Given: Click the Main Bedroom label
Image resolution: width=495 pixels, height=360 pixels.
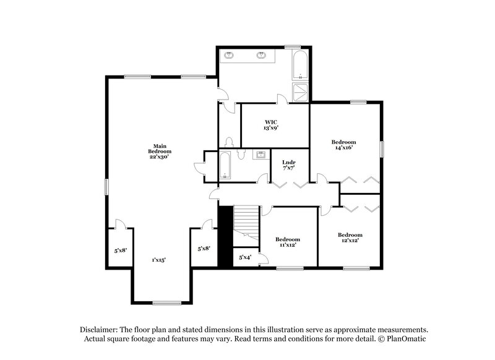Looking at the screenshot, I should pyautogui.click(x=160, y=151).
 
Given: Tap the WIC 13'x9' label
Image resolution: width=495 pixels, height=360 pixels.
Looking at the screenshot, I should pyautogui.click(x=271, y=125).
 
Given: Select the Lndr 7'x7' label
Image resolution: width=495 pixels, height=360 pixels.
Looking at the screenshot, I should pyautogui.click(x=288, y=165).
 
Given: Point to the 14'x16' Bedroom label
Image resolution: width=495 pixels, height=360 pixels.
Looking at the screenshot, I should pyautogui.click(x=344, y=145).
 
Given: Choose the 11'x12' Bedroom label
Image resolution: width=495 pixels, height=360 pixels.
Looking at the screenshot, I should pyautogui.click(x=288, y=242).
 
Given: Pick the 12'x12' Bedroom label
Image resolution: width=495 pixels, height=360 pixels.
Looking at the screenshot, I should pyautogui.click(x=350, y=238).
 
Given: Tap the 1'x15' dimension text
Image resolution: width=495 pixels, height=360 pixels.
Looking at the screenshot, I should pyautogui.click(x=159, y=260).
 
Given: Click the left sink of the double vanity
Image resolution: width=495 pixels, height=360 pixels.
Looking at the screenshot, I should pyautogui.click(x=230, y=56).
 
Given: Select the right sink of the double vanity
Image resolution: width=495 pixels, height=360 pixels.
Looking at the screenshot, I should pyautogui.click(x=262, y=56).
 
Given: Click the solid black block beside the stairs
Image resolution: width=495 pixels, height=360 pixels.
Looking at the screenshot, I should pyautogui.click(x=225, y=236).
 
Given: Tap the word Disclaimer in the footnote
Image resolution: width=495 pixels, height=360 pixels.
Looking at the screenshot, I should pyautogui.click(x=99, y=330).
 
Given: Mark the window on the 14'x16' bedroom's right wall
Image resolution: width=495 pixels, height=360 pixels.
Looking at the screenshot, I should pyautogui.click(x=382, y=149).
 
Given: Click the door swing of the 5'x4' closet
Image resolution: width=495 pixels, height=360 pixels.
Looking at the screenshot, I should pyautogui.click(x=263, y=259).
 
